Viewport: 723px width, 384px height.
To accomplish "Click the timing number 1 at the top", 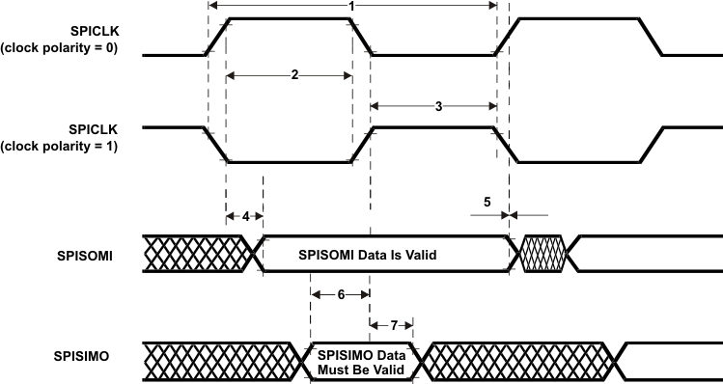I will pyautogui.click(x=352, y=6).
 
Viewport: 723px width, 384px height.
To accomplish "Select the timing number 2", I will pyautogui.click(x=293, y=75).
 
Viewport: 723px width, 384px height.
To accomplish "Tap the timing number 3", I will pyautogui.click(x=438, y=107).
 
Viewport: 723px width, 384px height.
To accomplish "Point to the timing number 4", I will pyautogui.click(x=245, y=216).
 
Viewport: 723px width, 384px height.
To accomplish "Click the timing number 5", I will pyautogui.click(x=487, y=203).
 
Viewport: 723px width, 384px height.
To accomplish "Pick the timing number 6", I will pyautogui.click(x=342, y=296).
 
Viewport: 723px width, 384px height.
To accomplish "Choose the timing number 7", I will pyautogui.click(x=392, y=325).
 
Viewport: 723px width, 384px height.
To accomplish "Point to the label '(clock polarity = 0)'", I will pyautogui.click(x=60, y=48).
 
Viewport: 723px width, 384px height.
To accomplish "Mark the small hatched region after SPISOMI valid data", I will pyautogui.click(x=542, y=255).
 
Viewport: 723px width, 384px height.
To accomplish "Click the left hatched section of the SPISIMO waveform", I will pyautogui.click(x=217, y=358).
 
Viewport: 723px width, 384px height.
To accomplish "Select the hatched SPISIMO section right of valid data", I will pyautogui.click(x=516, y=358).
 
